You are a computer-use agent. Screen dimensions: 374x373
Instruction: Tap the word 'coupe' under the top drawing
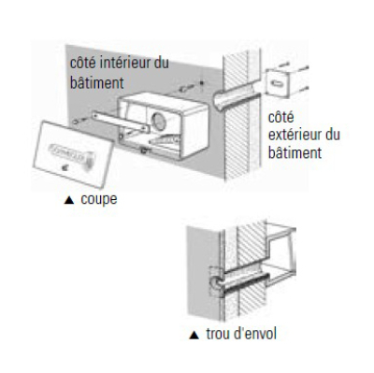[x=99, y=198]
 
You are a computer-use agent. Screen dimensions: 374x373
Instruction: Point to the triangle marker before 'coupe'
[x=68, y=198]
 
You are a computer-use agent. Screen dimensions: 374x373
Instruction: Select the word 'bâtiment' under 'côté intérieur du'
[x=98, y=83]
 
